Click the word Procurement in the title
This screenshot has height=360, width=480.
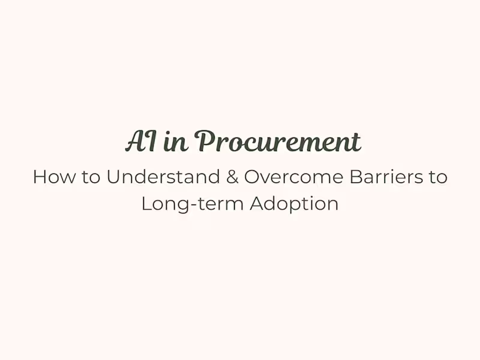278,142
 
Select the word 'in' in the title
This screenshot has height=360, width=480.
173,142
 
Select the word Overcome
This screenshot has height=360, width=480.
284,178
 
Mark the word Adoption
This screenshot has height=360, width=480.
294,204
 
